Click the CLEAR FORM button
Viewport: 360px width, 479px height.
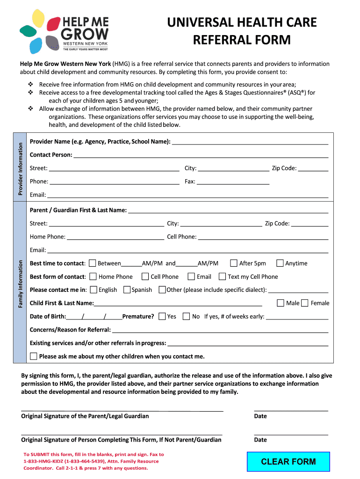click(x=288, y=462)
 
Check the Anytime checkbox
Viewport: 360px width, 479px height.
click(x=280, y=263)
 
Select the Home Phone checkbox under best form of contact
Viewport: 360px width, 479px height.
click(x=93, y=276)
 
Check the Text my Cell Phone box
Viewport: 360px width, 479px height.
click(x=222, y=276)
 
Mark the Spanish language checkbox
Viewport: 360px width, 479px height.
click(x=127, y=290)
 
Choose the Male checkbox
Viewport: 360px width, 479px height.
click(x=281, y=303)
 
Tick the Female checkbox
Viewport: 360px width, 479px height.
click(x=305, y=303)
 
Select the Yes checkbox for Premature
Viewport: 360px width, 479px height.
click(x=162, y=316)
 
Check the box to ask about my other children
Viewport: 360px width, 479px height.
click(x=33, y=356)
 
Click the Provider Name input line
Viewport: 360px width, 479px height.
click(x=250, y=141)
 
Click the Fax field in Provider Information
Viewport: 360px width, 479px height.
click(x=233, y=181)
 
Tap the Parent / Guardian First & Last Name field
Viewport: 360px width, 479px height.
click(x=228, y=210)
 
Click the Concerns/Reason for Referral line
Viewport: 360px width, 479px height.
click(x=220, y=330)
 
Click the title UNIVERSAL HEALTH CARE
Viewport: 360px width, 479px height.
click(x=242, y=22)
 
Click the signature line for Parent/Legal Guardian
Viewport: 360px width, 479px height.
click(x=122, y=410)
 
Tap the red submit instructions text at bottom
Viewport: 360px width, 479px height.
click(x=94, y=461)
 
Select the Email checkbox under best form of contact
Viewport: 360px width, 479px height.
click(x=191, y=276)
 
